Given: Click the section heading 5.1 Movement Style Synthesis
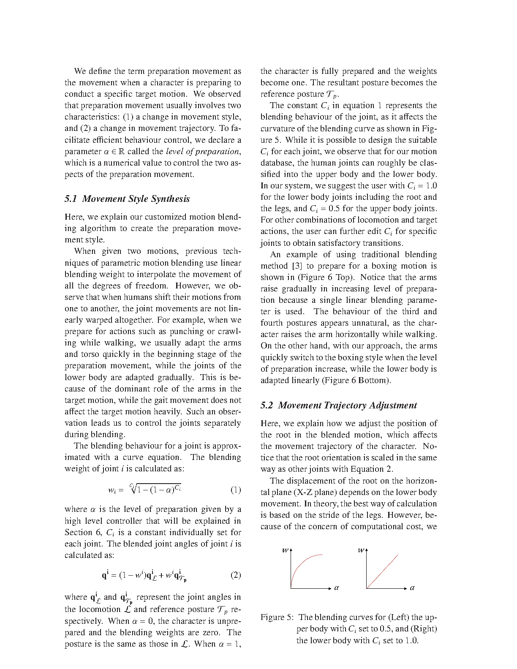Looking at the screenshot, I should pyautogui.click(x=127, y=199).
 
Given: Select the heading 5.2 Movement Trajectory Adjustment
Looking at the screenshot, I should pyautogui.click(x=338, y=405).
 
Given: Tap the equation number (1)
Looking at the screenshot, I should pyautogui.click(x=236, y=490).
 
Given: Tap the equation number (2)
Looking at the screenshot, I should pyautogui.click(x=236, y=575).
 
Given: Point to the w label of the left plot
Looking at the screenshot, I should pyautogui.click(x=285, y=550).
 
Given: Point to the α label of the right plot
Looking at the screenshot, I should pyautogui.click(x=412, y=587).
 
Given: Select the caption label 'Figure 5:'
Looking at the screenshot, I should pyautogui.click(x=277, y=617).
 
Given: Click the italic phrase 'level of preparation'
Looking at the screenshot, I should pyautogui.click(x=203, y=151).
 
